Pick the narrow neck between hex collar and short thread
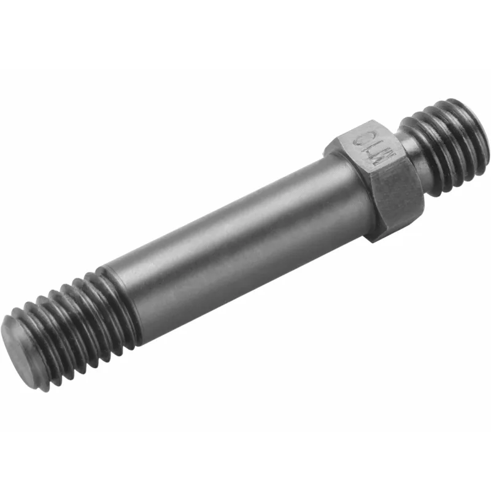point(410,147)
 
